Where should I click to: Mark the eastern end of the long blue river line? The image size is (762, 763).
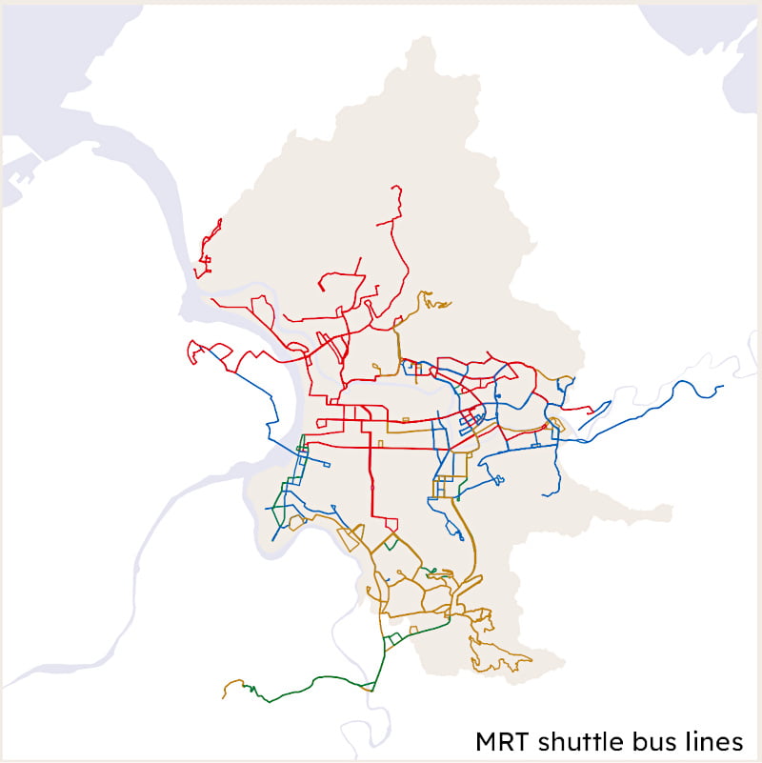(x=723, y=386)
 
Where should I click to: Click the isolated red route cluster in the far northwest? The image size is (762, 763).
(x=209, y=246)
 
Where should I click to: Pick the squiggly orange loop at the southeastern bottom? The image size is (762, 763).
(x=500, y=657)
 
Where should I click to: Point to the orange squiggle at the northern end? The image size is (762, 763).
(x=436, y=302)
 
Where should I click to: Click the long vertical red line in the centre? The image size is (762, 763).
(x=371, y=476)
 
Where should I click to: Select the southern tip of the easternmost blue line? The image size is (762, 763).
(x=547, y=494)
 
